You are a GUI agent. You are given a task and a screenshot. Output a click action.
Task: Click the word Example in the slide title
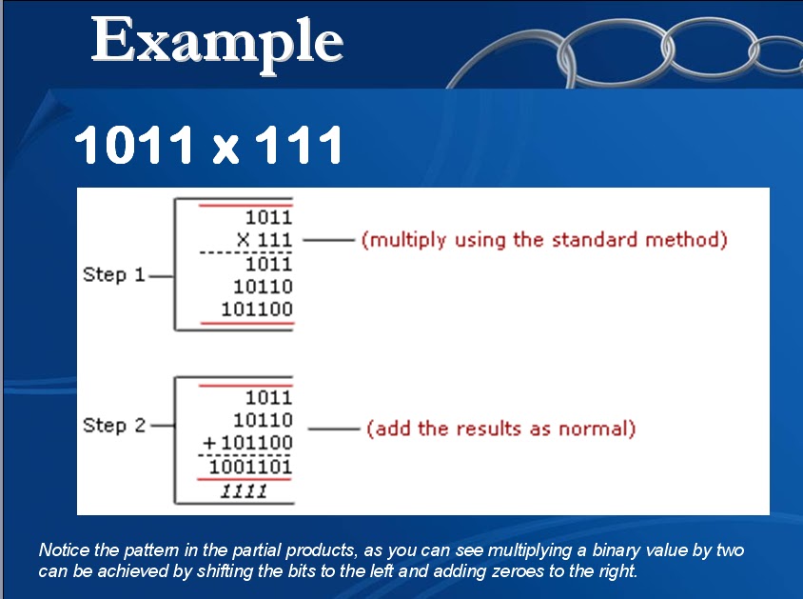coord(217,41)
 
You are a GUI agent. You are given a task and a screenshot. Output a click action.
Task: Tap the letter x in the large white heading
coord(225,147)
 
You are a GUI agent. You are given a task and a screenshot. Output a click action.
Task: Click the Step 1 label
coord(114,274)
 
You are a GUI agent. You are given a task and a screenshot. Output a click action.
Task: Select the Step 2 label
coord(114,425)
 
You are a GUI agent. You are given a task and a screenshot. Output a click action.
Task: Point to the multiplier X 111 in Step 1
coord(264,240)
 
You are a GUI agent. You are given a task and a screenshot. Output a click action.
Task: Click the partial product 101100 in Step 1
coord(257,309)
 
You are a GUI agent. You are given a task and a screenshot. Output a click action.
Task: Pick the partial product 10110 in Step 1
coord(263,286)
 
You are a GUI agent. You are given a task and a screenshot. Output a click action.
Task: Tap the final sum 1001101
coord(250,467)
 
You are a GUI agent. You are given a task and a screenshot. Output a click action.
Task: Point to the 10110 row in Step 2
coord(263,420)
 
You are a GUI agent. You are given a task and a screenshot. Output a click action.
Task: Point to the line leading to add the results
coord(333,429)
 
